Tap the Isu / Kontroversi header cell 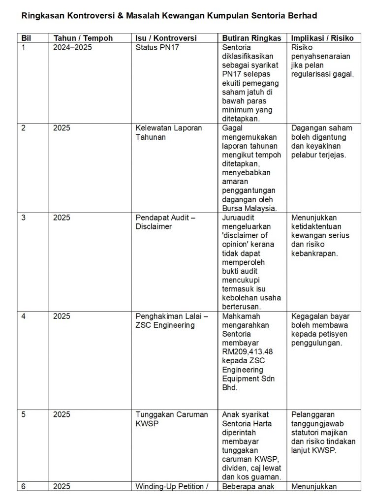[166, 38]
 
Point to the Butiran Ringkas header [251, 38]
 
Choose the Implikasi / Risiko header [322, 38]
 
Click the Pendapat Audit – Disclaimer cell [165, 222]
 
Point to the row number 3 [23, 218]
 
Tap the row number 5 [23, 414]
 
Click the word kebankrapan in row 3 [314, 253]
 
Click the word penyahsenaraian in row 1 [321, 57]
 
